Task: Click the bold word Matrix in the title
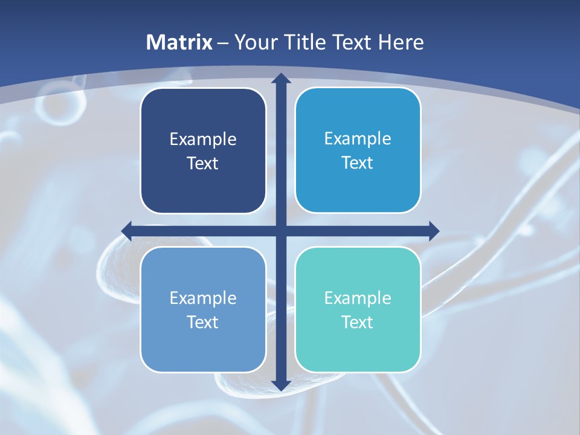[x=179, y=42]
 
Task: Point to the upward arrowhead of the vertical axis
[x=280, y=79]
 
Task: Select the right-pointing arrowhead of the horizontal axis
[x=433, y=230]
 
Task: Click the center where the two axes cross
[x=280, y=230]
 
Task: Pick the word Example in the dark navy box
[x=203, y=140]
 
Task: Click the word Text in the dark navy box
[x=203, y=164]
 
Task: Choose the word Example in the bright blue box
[x=358, y=139]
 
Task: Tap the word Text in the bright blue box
[x=358, y=163]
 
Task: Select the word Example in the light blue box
[x=203, y=298]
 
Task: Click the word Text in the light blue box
[x=203, y=323]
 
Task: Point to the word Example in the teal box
[x=358, y=298]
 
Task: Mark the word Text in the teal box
[x=358, y=323]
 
